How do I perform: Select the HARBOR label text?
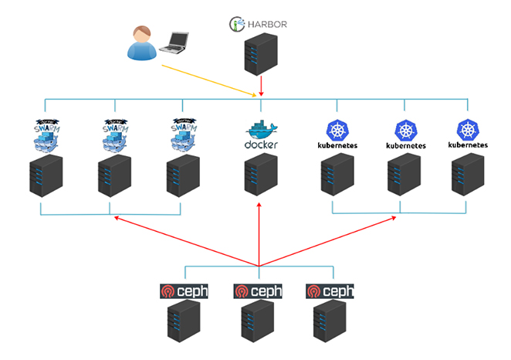coord(267,24)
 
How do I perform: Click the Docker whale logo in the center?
coord(259,134)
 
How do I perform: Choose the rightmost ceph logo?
coord(330,291)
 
